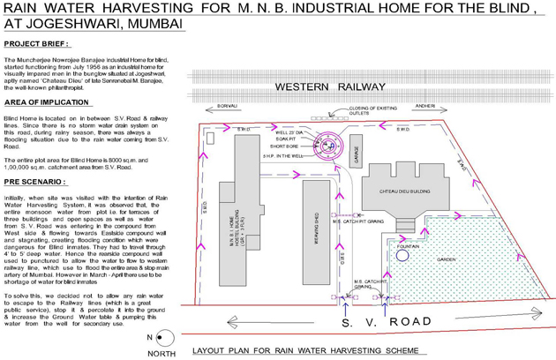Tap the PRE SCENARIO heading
point(36,180)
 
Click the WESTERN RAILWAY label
point(330,88)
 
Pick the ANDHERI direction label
point(425,106)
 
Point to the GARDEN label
point(446,259)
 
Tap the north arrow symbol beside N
point(167,338)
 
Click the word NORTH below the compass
point(162,354)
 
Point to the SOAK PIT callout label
point(283,139)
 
